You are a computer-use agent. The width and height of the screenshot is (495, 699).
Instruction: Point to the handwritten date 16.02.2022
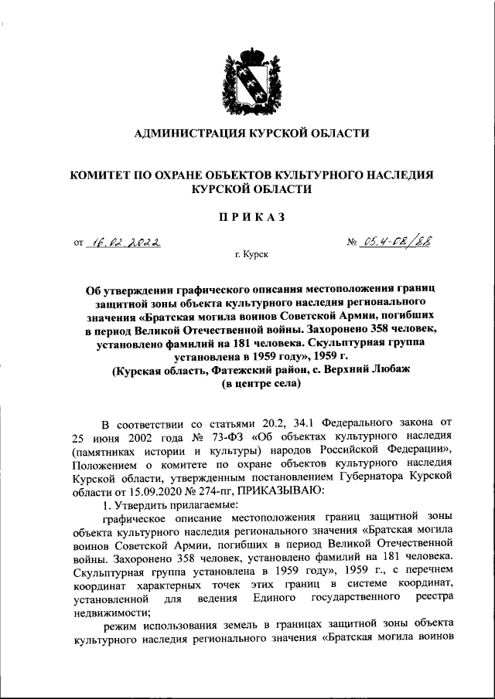coord(125,243)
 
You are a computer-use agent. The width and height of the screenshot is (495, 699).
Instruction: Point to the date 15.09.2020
coord(137,489)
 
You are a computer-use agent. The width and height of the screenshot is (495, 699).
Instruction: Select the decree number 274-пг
coord(218,489)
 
